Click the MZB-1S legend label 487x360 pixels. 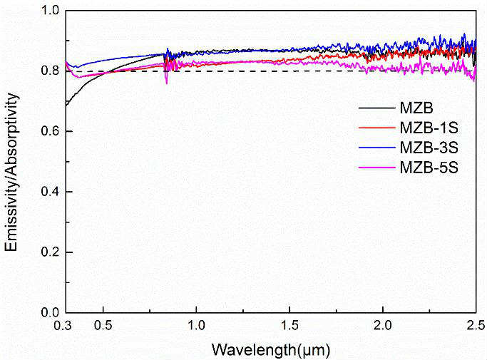tap(423, 128)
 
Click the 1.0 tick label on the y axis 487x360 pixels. tap(49, 11)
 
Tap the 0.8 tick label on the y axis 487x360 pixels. tap(49, 71)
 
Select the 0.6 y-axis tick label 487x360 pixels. tap(49, 132)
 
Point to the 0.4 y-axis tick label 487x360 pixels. tap(49, 192)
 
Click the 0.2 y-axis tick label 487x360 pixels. tap(49, 252)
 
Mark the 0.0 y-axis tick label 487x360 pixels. tap(49, 312)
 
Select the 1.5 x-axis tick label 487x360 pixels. tap(289, 326)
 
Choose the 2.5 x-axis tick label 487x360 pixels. tap(476, 326)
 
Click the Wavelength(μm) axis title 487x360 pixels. tap(270, 349)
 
